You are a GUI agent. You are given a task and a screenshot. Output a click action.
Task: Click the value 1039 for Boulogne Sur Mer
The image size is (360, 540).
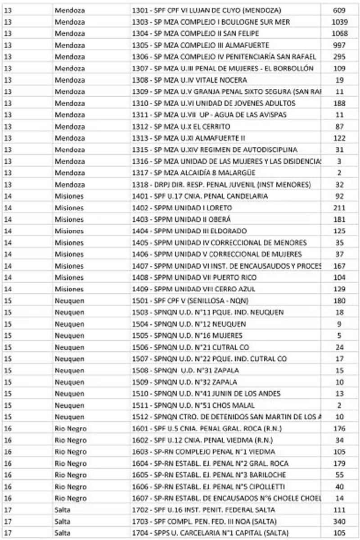(x=339, y=22)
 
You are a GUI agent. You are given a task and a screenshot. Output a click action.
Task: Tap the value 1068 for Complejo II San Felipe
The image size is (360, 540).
(x=339, y=33)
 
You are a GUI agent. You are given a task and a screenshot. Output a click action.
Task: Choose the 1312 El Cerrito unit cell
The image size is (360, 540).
(x=181, y=127)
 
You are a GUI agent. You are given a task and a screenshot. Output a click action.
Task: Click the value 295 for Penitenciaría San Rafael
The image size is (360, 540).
(x=339, y=57)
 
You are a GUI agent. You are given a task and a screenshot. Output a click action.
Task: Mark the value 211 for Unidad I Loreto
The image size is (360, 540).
(x=339, y=208)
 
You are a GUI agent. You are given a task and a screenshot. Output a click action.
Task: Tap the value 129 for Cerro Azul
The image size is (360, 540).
(x=339, y=289)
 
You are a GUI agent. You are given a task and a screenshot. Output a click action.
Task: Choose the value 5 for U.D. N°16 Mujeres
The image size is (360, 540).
(x=339, y=336)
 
